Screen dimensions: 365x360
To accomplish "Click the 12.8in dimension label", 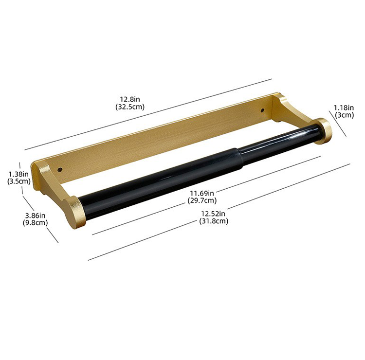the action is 130,99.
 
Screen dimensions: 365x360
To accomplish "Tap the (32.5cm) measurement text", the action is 130,107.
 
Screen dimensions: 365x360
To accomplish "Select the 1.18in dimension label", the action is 344,108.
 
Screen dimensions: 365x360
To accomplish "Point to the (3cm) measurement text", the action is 344,115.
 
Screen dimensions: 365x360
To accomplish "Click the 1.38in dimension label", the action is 18,174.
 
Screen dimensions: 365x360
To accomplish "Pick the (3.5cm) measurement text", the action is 19,181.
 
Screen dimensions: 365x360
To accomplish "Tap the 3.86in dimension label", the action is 36,215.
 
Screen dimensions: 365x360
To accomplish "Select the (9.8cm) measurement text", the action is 35,223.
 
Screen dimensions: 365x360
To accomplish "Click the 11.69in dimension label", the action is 202,193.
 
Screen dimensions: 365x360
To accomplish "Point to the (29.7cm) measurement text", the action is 202,200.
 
